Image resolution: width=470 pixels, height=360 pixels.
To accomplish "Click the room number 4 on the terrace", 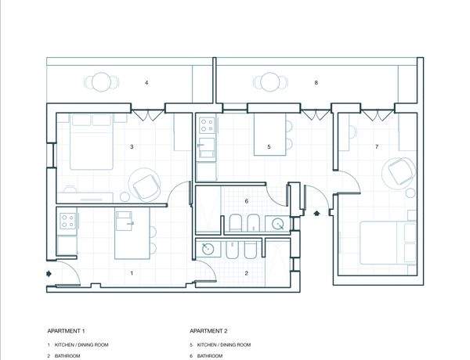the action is coord(146,82).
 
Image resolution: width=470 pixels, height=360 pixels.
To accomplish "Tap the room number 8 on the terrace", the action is coord(316,82).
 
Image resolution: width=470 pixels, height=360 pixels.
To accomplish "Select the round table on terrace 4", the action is coord(102,81).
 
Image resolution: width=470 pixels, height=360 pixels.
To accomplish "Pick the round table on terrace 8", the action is coord(270,81).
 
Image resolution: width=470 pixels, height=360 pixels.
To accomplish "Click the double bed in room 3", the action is coord(92,142).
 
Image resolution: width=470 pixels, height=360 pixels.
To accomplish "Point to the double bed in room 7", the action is coord(388,243).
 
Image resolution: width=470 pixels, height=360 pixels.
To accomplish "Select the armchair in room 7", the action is coord(400,171).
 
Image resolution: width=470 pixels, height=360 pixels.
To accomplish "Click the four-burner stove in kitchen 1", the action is coord(67,221).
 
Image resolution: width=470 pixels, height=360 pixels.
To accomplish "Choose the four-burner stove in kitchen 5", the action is coord(207,125).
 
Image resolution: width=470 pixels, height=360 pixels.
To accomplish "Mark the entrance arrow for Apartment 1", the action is coord(49,273).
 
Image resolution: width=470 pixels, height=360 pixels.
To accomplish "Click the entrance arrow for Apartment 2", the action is coord(316,213).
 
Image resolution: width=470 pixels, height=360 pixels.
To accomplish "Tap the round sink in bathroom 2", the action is coord(208,249).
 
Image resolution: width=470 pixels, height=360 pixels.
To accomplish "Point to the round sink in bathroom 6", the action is coord(278,224).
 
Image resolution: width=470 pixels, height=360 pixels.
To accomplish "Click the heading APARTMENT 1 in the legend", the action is coord(66,331).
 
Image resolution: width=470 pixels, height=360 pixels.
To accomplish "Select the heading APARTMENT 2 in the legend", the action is coord(208,331).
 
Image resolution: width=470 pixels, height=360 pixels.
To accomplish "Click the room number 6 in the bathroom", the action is coord(247,201).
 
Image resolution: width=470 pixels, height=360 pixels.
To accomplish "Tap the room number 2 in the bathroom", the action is coord(247,273).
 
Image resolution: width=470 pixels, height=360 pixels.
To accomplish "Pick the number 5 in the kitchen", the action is coord(269,147).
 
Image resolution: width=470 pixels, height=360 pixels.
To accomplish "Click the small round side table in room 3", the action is coord(125,196).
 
